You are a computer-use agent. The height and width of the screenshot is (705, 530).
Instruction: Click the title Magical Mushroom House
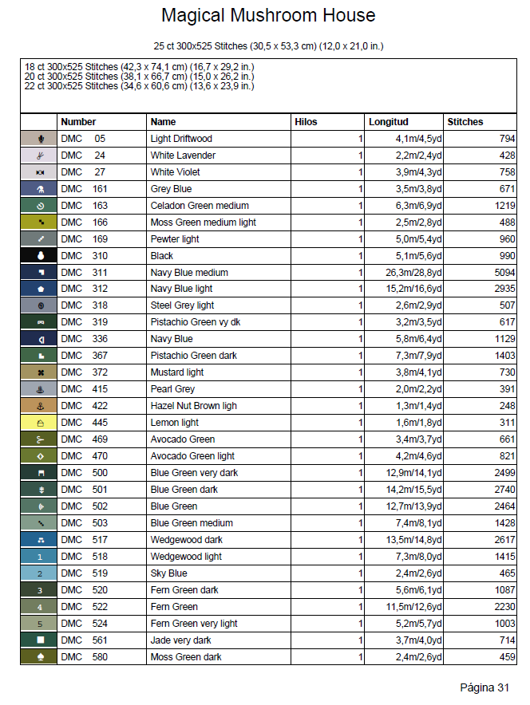click(268, 15)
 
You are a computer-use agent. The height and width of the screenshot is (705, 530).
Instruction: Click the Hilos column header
click(306, 122)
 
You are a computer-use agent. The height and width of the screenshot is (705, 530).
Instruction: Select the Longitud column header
click(388, 122)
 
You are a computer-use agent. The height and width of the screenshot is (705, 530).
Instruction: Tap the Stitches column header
click(465, 122)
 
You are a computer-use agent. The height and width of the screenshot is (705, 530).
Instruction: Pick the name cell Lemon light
click(175, 423)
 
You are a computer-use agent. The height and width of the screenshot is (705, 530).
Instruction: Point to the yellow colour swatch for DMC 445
click(39, 423)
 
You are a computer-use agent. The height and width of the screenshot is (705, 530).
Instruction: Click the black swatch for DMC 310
click(39, 256)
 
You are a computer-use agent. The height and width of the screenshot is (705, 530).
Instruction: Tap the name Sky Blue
click(169, 573)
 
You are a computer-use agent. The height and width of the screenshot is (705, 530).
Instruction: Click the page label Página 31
click(485, 687)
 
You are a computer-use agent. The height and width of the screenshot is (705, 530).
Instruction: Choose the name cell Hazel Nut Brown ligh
click(194, 406)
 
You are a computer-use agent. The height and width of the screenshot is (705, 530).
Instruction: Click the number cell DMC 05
click(83, 139)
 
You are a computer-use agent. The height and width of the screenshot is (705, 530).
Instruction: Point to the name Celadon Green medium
click(200, 206)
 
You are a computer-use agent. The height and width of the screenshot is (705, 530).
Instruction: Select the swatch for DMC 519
click(39, 573)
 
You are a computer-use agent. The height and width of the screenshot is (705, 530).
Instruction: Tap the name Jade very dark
click(181, 640)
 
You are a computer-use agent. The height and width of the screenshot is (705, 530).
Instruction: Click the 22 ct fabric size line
click(140, 85)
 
